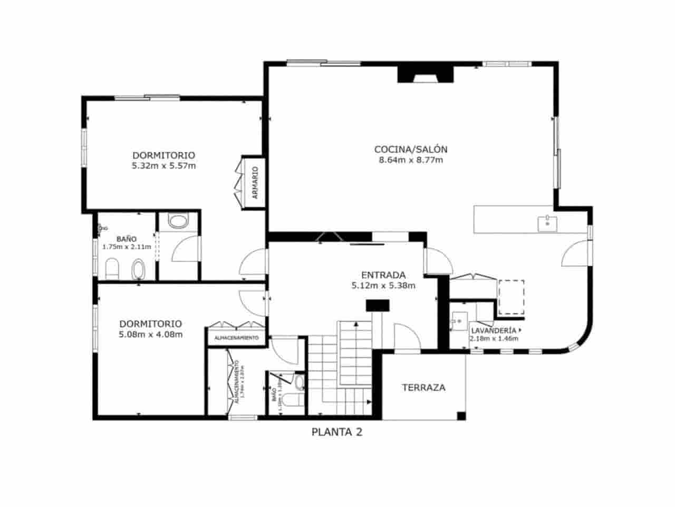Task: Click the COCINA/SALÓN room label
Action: [x=410, y=149]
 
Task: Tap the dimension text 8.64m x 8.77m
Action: [x=410, y=160]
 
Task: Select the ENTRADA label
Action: [x=383, y=275]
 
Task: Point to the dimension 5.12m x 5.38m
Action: [x=383, y=286]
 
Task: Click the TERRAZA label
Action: [x=423, y=387]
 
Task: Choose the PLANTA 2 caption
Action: [x=337, y=432]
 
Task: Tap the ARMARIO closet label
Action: [x=255, y=182]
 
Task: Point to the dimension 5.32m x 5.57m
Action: [x=163, y=166]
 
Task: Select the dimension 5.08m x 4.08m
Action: [x=150, y=334]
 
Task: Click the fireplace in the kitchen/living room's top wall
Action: [x=425, y=74]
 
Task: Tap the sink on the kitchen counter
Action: [x=547, y=223]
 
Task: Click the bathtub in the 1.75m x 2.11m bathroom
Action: [x=139, y=269]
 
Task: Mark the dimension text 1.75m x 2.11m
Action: [x=127, y=247]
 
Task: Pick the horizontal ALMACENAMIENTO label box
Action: [x=236, y=337]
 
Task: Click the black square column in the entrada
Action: [x=378, y=305]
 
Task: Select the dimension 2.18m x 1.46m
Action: [x=494, y=339]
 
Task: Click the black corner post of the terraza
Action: [x=461, y=416]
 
